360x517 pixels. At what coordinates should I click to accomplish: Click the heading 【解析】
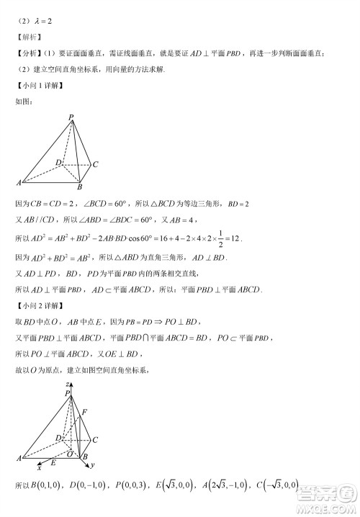coord(27,35)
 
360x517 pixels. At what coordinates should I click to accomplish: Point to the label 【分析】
coord(27,53)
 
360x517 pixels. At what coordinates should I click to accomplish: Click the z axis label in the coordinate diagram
coord(66,386)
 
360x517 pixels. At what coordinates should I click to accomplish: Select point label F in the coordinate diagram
coord(85,412)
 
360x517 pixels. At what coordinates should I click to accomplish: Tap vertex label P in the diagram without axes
coord(71,117)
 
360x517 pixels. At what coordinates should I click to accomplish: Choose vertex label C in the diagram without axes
coord(96,165)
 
